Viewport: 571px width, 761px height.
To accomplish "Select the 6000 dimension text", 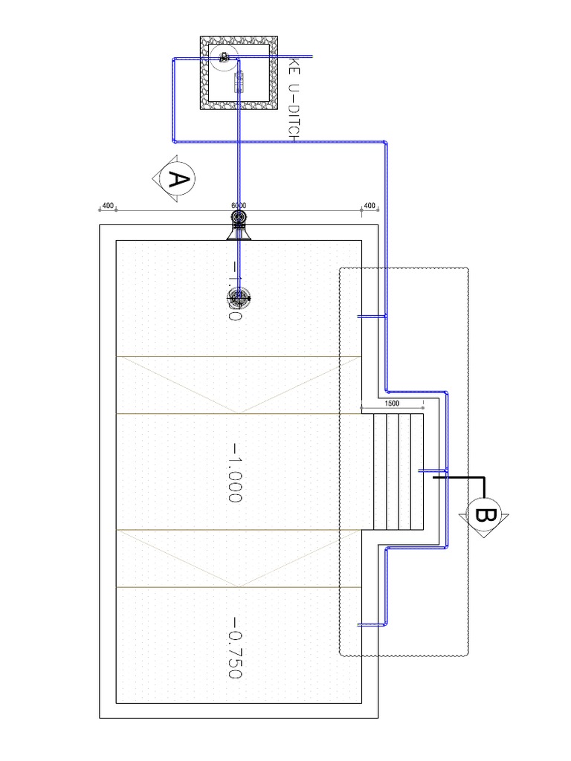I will tap(239, 206).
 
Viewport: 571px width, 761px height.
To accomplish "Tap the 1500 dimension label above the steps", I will tap(392, 404).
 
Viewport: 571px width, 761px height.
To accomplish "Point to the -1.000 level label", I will tap(236, 473).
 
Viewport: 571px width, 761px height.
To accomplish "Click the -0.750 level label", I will tap(236, 647).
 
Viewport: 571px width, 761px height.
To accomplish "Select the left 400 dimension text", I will tap(108, 206).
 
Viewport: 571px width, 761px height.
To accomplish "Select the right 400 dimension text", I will tap(370, 206).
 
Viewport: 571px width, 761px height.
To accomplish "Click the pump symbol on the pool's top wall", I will tap(239, 218).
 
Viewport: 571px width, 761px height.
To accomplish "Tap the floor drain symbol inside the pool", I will tap(239, 298).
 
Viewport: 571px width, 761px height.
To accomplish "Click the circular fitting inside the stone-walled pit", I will tap(223, 56).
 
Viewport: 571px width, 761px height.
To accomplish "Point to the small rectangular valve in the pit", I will tap(239, 81).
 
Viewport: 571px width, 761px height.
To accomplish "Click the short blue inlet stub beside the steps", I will tap(433, 470).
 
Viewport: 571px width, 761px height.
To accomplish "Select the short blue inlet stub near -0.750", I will tap(372, 625).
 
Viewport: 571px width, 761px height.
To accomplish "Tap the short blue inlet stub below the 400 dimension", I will tap(372, 317).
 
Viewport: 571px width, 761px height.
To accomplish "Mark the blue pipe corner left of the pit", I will tap(174, 60).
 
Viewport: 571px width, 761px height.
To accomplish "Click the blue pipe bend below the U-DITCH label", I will tap(386, 141).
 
